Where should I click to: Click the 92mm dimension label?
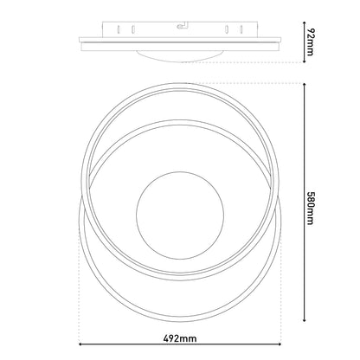pos(310,42)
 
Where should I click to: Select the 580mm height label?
pos(310,208)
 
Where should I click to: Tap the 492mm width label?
pos(180,338)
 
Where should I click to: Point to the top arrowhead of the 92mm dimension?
pos(305,23)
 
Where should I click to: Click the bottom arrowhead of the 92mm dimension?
pos(305,61)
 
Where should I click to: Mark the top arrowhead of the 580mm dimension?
pos(305,85)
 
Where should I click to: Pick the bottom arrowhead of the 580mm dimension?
pos(305,319)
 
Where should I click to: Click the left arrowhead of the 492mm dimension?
pos(81,344)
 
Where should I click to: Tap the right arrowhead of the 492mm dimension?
pos(279,344)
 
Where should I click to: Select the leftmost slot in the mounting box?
pos(119,29)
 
